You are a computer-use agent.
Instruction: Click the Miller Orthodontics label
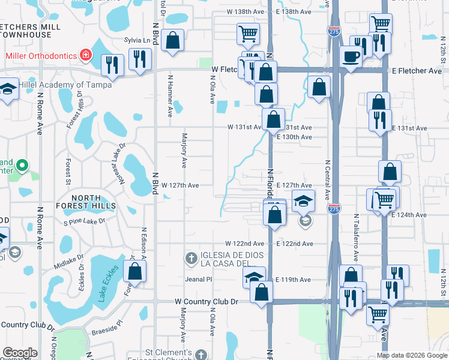[41, 55]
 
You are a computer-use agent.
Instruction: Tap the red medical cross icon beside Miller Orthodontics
[86, 55]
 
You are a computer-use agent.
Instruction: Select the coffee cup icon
[351, 56]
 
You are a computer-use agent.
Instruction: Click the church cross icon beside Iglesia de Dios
[191, 259]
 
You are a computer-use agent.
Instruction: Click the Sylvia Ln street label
[136, 40]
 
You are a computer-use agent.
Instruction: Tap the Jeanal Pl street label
[199, 279]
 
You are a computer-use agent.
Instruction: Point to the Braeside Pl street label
[107, 322]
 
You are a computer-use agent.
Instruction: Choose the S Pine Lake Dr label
[85, 221]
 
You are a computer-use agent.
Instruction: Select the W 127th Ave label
[179, 185]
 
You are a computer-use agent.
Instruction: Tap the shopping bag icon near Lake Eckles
[136, 271]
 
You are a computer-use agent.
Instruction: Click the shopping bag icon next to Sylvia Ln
[173, 41]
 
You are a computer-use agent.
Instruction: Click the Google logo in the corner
[20, 353]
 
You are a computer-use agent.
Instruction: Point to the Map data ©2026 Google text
[411, 355]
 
